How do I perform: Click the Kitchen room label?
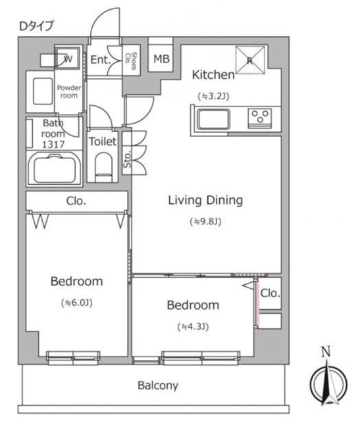(213, 74)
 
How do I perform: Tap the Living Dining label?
(205, 200)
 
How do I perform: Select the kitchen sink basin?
(214, 119)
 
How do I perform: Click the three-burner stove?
(260, 117)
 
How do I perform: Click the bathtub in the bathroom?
(54, 169)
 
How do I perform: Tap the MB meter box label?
(161, 59)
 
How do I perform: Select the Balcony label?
(158, 385)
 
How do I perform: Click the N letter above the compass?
(326, 352)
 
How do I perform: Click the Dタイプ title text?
(36, 26)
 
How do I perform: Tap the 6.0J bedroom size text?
(77, 303)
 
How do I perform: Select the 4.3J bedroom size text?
(193, 327)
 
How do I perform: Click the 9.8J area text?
(205, 222)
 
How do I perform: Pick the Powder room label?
(69, 91)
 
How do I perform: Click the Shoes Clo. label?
(132, 61)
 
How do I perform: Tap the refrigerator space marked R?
(250, 60)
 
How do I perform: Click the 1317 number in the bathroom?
(53, 145)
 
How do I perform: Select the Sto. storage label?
(127, 160)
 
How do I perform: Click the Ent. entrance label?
(101, 60)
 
